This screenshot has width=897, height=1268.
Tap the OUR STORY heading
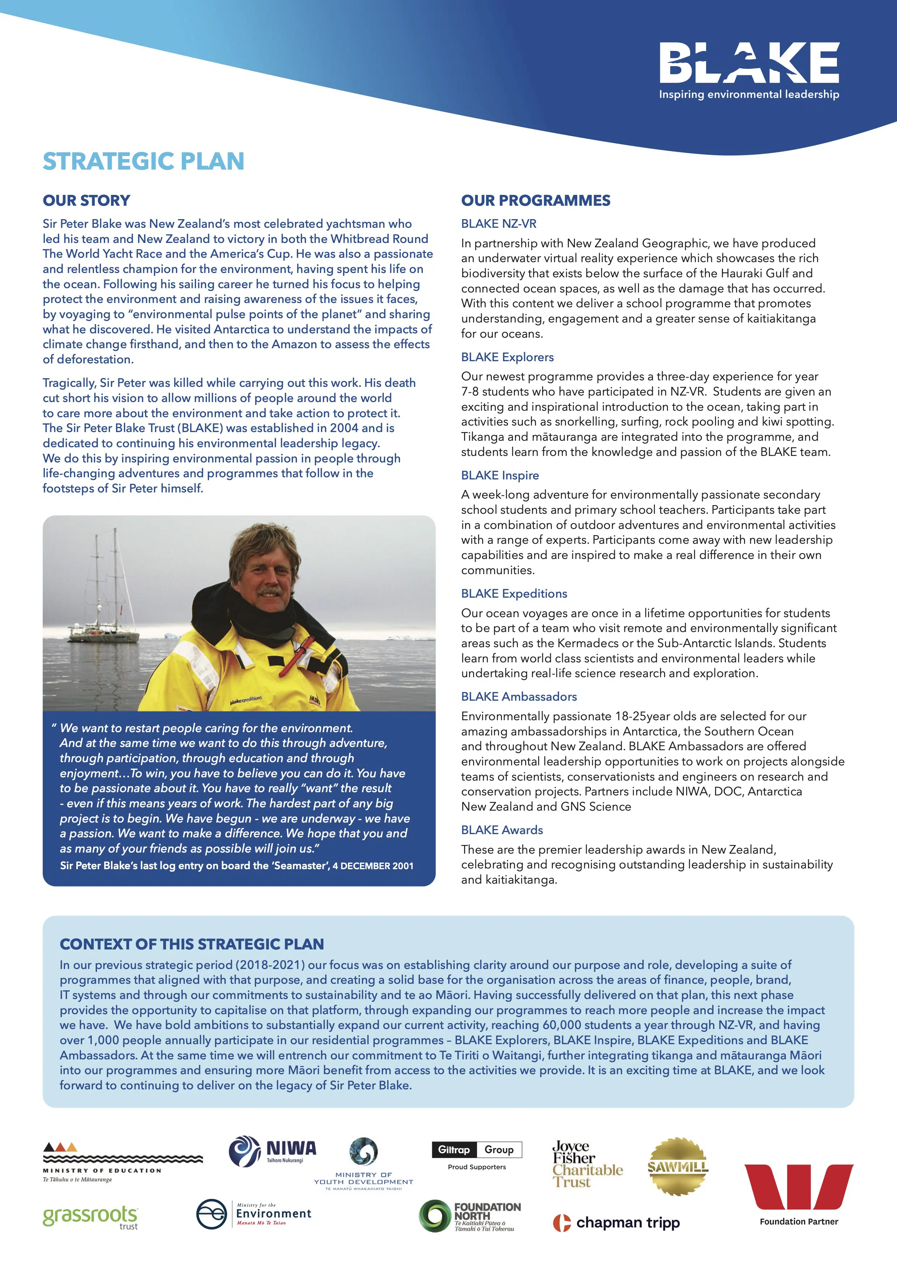[x=87, y=200]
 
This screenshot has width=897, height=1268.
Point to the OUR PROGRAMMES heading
[x=536, y=200]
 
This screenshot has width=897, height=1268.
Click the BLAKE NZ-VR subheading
[x=499, y=224]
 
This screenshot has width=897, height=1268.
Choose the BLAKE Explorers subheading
[x=507, y=357]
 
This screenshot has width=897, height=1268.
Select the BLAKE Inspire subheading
[x=500, y=475]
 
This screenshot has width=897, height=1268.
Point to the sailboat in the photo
[x=105, y=597]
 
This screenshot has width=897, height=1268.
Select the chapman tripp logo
[x=616, y=1223]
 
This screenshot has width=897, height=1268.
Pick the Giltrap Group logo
[x=477, y=1149]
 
